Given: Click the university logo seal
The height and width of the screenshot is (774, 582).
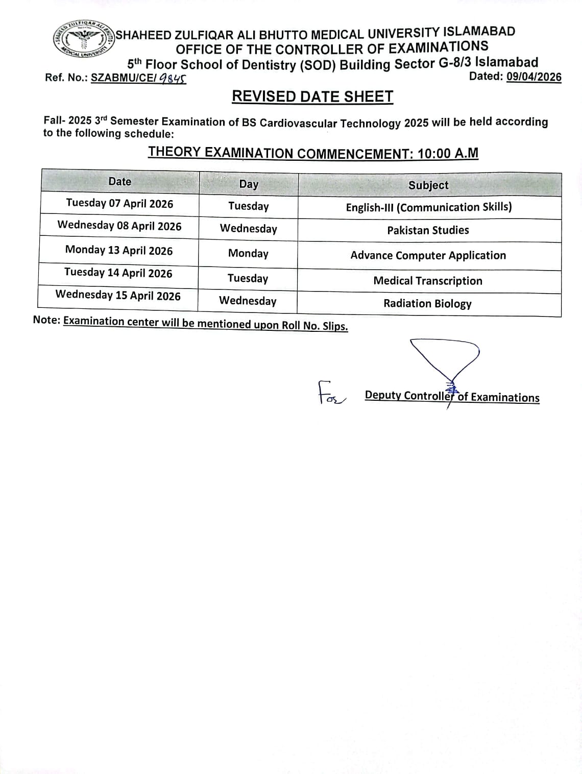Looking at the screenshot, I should [x=84, y=39].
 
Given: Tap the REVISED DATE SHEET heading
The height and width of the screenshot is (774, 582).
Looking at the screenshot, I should [x=312, y=96].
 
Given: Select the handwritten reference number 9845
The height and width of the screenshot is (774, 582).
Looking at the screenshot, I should [x=172, y=79].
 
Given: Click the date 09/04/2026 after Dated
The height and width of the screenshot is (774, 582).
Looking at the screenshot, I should [x=533, y=77].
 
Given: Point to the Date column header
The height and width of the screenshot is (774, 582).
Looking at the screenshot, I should [x=120, y=182].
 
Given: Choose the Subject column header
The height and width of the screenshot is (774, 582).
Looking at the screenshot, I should [x=428, y=185].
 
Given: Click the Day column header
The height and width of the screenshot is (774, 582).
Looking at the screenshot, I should [x=249, y=184].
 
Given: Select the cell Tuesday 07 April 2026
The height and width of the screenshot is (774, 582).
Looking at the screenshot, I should [x=119, y=204].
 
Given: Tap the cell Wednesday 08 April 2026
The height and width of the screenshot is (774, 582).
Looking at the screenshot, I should [x=119, y=226].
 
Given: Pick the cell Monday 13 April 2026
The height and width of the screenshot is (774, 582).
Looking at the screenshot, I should [x=119, y=251].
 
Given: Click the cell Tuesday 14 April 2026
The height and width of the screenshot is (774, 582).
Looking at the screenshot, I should [x=118, y=273].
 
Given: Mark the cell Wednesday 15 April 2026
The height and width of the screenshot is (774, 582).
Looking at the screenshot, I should [x=118, y=296].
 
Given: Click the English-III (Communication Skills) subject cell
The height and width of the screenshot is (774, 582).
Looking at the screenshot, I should [x=429, y=207].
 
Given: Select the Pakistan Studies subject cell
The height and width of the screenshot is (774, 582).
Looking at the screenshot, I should [x=428, y=230].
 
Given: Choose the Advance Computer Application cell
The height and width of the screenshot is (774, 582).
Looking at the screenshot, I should [x=428, y=255].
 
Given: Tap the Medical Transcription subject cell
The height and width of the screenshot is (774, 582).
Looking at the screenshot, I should [x=428, y=281].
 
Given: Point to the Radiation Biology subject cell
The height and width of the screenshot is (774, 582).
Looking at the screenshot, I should [x=427, y=304].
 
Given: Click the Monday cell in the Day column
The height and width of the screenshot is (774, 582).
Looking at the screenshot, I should [x=248, y=253].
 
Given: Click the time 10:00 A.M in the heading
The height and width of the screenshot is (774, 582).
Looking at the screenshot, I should [x=448, y=153].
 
